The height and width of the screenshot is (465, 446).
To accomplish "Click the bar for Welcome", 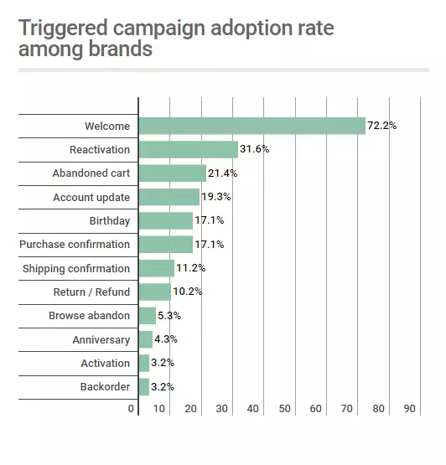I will point(252,126).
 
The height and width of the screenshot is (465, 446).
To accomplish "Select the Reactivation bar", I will point(188,149).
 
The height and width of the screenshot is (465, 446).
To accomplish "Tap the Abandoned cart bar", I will point(172,173).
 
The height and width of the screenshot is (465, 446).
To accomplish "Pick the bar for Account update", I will point(169,197).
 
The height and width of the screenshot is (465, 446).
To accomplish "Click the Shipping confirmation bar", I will point(156,268).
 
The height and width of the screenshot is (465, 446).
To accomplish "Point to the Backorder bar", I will point(143,387).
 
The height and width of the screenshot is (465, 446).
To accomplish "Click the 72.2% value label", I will point(381,126).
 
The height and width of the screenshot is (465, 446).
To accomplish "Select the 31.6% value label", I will point(255,149).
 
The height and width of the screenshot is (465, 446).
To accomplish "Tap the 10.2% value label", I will point(187,292).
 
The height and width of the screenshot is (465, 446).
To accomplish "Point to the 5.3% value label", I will point(170,316).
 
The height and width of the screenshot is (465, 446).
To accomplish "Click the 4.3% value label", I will point(167,339).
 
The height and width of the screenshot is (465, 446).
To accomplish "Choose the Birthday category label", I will point(110,221).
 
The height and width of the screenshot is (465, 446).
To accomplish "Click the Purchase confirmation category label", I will point(75,245).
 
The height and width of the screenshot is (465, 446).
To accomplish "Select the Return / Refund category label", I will point(91,292).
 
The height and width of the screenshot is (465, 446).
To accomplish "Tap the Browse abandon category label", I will point(89,316).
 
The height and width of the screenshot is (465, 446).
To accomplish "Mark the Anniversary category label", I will point(101,339).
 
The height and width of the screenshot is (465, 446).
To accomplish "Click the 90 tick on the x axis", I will point(409,408).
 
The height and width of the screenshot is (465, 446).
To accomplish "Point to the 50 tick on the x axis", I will point(285,408).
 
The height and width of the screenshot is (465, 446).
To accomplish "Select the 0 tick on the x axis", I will point(132,408).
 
